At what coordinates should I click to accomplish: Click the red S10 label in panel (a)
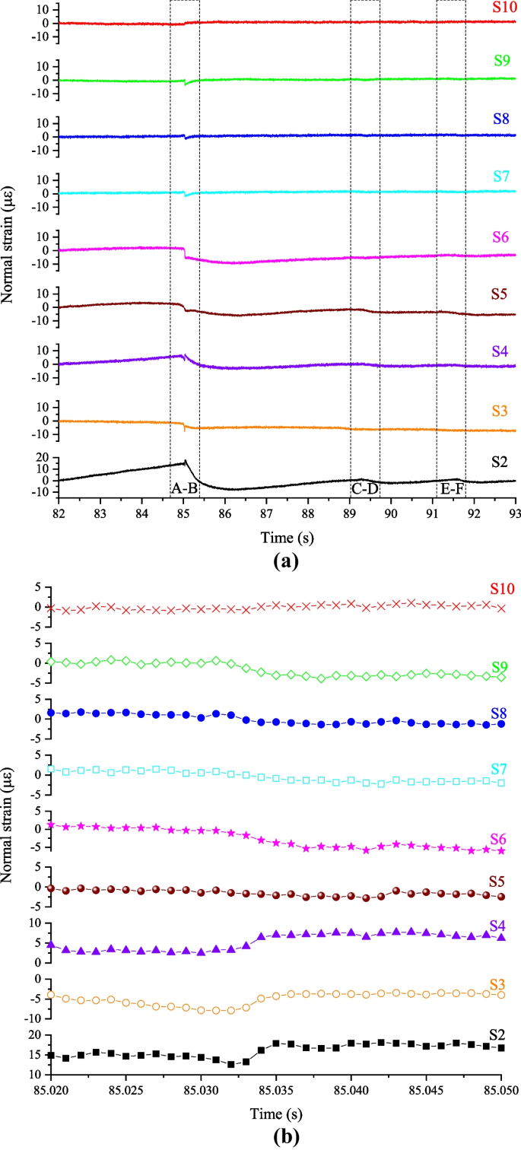pos(504,7)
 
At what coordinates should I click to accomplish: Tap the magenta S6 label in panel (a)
pos(500,237)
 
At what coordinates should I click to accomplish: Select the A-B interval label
pos(184,488)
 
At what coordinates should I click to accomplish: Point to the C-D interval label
pos(365,488)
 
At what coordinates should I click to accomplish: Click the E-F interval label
pos(451,489)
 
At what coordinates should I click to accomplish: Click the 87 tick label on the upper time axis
pos(266,514)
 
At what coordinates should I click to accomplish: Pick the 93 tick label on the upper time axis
pos(515,514)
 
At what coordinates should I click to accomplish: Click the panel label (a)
pos(287,560)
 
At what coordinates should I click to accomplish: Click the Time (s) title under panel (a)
pos(287,538)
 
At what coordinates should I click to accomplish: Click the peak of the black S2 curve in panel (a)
pos(186,460)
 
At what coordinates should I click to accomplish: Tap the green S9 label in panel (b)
pos(500,667)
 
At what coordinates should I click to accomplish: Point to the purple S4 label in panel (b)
pos(497,926)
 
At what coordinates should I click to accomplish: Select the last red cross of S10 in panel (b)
pos(501,608)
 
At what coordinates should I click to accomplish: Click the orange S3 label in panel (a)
pos(500,411)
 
